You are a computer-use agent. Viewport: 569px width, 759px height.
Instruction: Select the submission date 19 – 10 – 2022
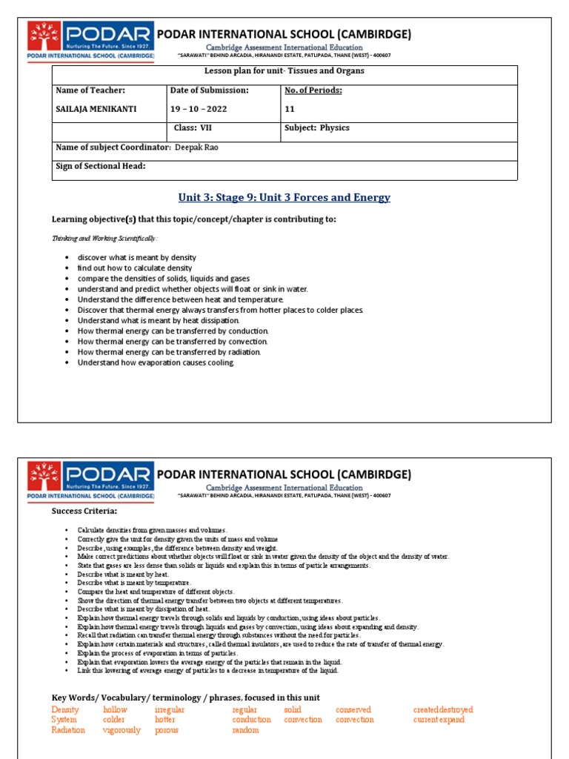pos(199,109)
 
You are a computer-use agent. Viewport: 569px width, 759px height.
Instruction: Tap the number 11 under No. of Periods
pos(290,109)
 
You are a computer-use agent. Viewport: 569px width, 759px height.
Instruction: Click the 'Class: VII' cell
pos(193,128)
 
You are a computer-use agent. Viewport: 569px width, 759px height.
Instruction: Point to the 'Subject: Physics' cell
pos(316,128)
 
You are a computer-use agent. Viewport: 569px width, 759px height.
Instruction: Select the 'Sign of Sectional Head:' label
pos(101,166)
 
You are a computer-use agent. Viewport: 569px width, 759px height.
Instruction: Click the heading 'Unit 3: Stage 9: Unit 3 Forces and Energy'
pos(284,198)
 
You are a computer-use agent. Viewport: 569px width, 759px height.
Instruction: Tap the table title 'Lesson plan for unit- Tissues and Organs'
pos(284,71)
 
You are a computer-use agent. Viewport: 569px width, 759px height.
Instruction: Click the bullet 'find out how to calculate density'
pos(135,268)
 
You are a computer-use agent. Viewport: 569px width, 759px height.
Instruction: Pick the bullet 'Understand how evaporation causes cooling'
pos(156,362)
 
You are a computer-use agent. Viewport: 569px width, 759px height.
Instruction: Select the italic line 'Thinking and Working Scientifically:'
pos(104,239)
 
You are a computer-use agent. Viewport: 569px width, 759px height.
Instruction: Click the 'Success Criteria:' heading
pos(84,511)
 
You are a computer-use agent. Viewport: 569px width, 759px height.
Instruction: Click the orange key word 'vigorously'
pos(122,730)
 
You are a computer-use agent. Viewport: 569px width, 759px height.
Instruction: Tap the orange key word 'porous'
pos(167,730)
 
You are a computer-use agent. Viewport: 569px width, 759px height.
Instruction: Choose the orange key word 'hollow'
pos(115,709)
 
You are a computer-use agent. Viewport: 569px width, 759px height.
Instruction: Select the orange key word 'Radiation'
pos(68,730)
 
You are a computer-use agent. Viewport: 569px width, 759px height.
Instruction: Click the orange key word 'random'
pos(245,730)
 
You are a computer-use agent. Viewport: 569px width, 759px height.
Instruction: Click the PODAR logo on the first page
pos(90,41)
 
